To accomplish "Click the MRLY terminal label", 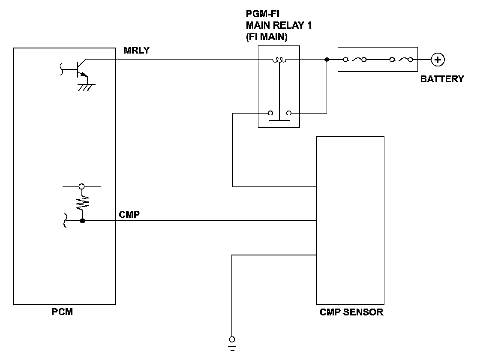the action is point(137,50).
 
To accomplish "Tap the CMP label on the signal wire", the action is point(129,215).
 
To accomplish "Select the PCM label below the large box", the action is point(63,312).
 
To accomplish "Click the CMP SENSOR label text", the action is point(351,312).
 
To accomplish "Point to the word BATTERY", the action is point(442,79).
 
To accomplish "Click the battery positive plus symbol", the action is point(438,60).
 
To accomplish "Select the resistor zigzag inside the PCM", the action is point(82,203).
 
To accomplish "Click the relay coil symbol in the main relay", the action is point(279,60).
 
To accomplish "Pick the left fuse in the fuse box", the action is point(355,60).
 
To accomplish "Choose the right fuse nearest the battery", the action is point(401,60).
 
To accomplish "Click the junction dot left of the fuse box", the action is point(327,60).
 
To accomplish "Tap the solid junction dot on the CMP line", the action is point(82,221).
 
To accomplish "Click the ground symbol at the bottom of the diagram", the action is point(232,344).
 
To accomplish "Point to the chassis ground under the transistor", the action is point(86,87).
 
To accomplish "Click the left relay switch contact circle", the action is point(270,113).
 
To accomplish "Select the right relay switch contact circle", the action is point(289,113).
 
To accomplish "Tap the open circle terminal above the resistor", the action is point(82,186).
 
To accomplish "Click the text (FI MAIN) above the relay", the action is point(267,37).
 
